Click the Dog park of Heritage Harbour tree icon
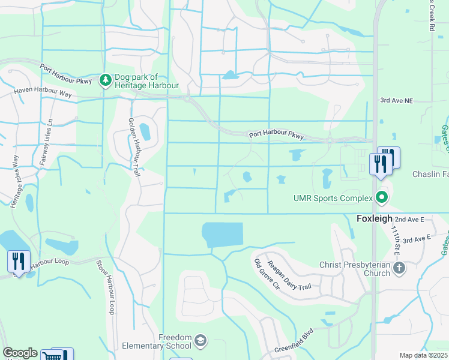pyautogui.click(x=106, y=80)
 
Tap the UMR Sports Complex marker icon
pyautogui.click(x=381, y=197)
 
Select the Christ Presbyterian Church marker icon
pyautogui.click(x=401, y=268)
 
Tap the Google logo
pyautogui.click(x=19, y=353)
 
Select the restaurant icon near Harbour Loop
pyautogui.click(x=19, y=261)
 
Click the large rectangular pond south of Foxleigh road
pyautogui.click(x=223, y=235)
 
